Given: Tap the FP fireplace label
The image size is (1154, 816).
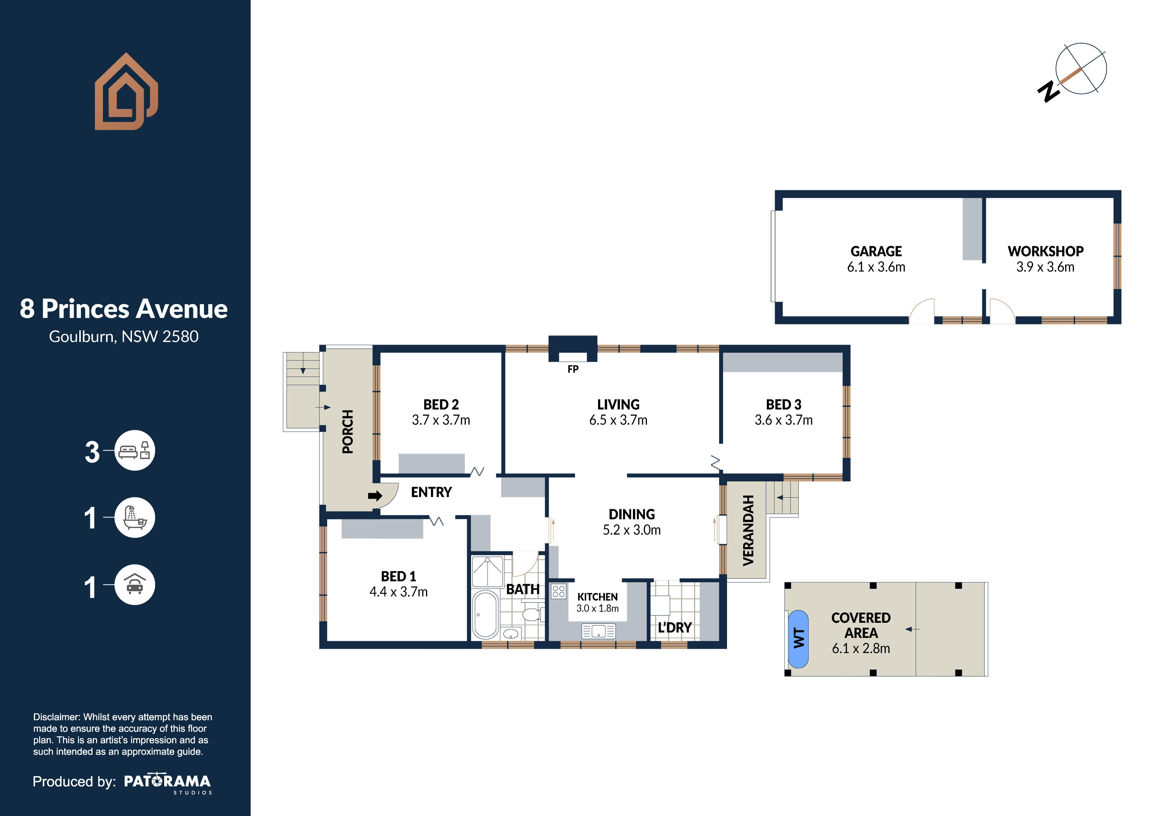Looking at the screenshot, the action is click(x=573, y=369).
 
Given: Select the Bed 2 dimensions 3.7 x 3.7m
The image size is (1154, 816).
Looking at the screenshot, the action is click(x=441, y=420).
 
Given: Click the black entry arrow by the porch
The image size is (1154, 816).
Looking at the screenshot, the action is click(x=375, y=496).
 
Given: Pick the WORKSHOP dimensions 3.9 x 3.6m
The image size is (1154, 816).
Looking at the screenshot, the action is click(x=1045, y=267).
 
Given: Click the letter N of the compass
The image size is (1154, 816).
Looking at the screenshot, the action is click(x=1048, y=92).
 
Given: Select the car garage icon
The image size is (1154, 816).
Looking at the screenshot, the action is click(x=134, y=585).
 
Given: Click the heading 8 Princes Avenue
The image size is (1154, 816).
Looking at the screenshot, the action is click(x=124, y=309).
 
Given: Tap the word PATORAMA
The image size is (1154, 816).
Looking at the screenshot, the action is click(x=167, y=781).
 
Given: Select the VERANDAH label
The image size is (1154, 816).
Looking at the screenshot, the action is click(x=748, y=530).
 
